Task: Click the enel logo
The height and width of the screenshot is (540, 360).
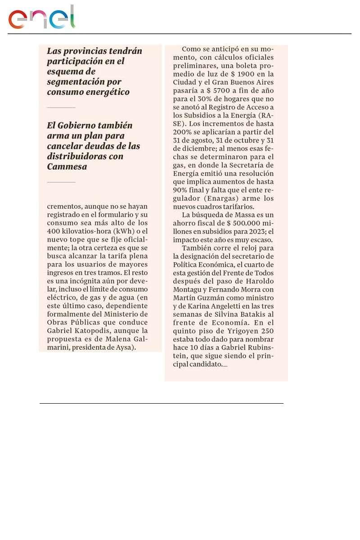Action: [41, 18]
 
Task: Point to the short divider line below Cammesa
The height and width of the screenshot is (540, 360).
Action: [61, 182]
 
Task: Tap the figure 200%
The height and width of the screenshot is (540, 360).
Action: [183, 132]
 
